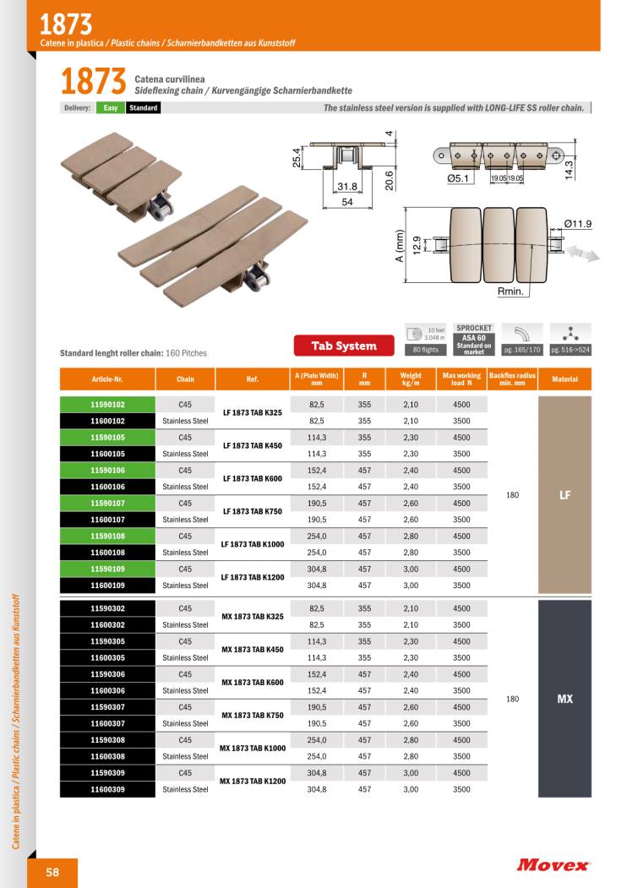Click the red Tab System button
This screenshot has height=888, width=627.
point(344,346)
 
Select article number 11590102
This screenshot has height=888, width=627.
point(107,405)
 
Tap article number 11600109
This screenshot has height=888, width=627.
point(107,586)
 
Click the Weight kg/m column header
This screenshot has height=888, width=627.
point(411,379)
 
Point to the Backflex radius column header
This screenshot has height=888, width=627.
point(512,379)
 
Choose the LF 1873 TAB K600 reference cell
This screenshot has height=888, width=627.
point(252,478)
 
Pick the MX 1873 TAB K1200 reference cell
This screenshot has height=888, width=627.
point(252,782)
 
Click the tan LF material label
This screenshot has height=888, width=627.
point(565,495)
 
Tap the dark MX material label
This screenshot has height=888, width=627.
point(565,699)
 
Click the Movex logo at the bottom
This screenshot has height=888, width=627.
point(553,864)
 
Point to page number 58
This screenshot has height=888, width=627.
point(52,873)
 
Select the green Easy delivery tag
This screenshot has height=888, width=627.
point(111,108)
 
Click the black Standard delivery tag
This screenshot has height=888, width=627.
point(144,108)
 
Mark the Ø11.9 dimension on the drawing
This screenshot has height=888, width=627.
point(578,224)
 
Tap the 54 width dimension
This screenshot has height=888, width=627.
point(346,203)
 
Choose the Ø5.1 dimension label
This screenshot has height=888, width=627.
point(459,178)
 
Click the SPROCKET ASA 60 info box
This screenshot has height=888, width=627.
point(474,339)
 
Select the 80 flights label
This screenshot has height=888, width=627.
point(427,350)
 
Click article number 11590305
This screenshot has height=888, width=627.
point(107,641)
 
